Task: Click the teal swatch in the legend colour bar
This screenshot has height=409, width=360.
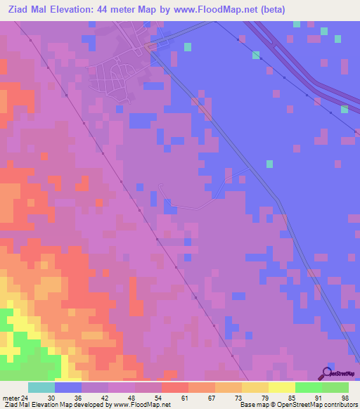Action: click(x=41, y=387)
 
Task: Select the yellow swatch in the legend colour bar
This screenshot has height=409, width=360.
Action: click(x=282, y=387)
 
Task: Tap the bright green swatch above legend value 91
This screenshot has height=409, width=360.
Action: click(x=309, y=387)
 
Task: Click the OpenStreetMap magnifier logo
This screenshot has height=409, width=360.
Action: click(x=326, y=374)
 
